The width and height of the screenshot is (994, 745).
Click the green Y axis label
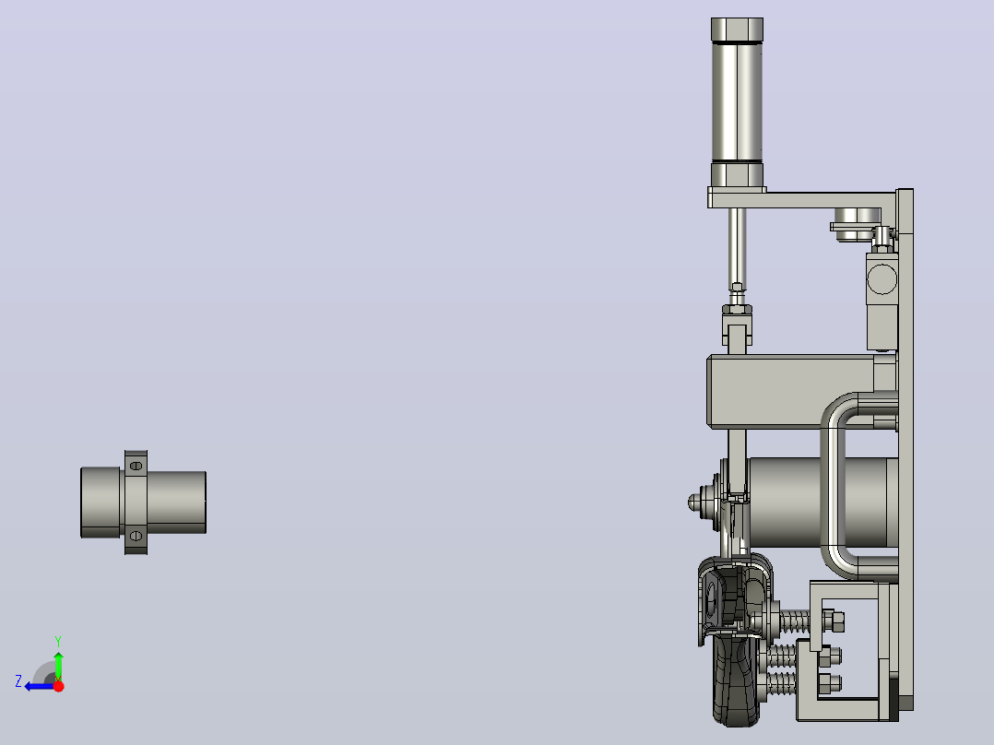[58, 641]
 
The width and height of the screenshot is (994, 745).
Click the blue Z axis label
[18, 681]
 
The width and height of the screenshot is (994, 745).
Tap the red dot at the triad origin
[58, 686]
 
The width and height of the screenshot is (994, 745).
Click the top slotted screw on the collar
[136, 466]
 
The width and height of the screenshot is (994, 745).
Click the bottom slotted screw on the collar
[136, 537]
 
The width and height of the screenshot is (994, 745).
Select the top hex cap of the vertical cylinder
[737, 30]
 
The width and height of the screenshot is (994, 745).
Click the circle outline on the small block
[882, 279]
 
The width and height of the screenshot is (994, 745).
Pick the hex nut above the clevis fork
[737, 310]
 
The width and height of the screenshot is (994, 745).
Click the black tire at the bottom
[736, 681]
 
